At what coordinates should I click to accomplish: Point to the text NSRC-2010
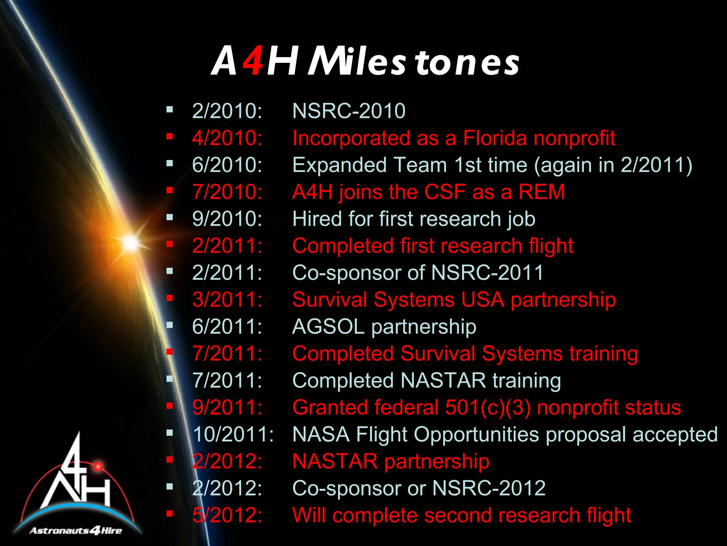pos(349,111)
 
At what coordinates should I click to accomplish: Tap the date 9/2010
pos(227,219)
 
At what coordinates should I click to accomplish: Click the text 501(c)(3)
pos(488,407)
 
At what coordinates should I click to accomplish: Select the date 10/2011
pos(233,434)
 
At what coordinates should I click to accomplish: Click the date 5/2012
pos(227,515)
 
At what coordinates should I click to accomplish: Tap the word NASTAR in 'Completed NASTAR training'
pos(443,380)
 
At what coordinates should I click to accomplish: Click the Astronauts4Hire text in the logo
pos(76,531)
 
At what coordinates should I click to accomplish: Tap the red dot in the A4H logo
pos(98,466)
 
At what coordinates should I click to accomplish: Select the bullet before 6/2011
pos(170,325)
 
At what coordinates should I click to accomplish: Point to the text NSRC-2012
pos(488,488)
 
